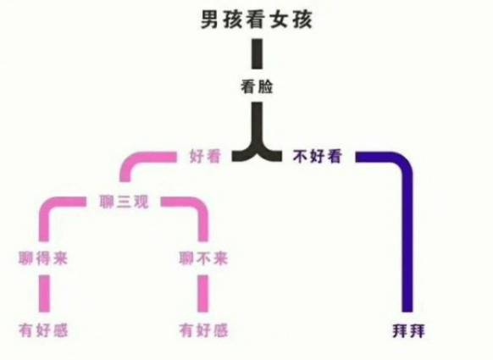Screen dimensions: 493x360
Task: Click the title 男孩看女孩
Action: [257, 20]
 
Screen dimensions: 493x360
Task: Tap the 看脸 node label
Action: [257, 86]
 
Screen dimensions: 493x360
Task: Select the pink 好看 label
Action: [205, 156]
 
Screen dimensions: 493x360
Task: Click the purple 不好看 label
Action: [317, 156]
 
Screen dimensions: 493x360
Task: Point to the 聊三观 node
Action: [124, 202]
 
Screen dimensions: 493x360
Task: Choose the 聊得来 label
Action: [43, 258]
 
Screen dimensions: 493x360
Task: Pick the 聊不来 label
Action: [204, 258]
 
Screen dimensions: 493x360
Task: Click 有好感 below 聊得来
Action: [43, 330]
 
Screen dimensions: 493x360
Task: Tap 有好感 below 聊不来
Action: [204, 330]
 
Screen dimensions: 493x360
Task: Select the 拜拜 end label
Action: [408, 331]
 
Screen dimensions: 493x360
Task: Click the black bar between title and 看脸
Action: [257, 53]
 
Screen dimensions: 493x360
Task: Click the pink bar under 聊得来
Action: [44, 294]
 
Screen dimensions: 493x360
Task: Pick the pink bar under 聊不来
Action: [202, 294]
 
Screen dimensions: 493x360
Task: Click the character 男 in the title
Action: [210, 20]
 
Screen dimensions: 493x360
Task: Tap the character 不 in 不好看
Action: [301, 156]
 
